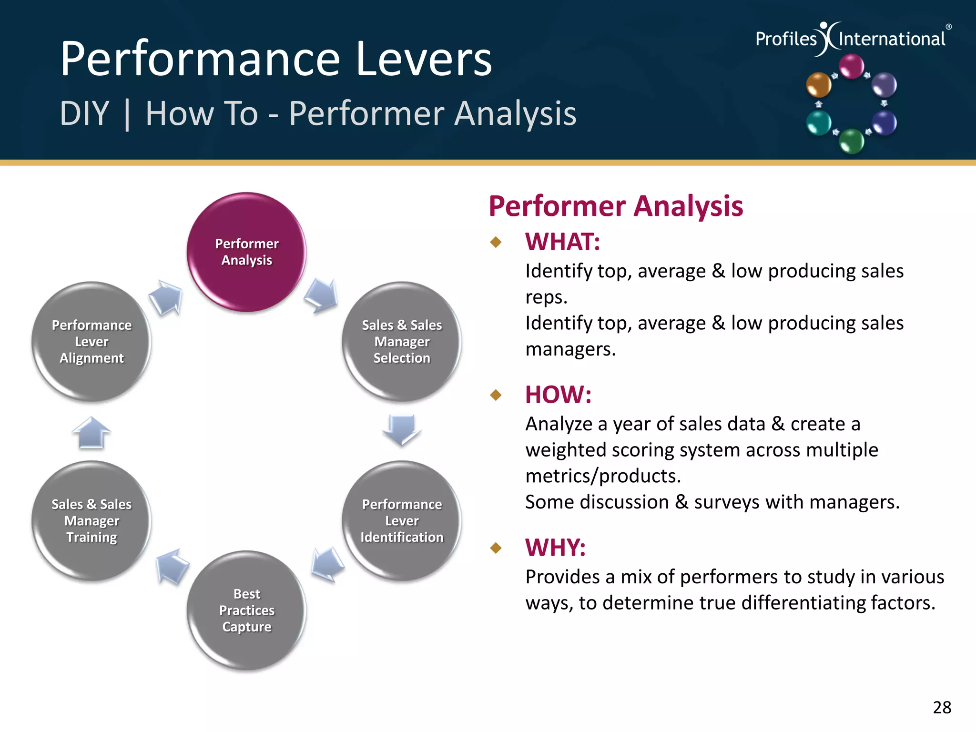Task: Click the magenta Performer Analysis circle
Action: click(246, 252)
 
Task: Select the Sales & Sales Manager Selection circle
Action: click(401, 341)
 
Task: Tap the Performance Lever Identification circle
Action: click(401, 520)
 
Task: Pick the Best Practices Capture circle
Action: click(246, 610)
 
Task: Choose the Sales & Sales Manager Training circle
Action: click(91, 520)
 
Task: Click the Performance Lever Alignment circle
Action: click(91, 341)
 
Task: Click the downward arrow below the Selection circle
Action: click(401, 429)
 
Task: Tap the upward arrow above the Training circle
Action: click(91, 432)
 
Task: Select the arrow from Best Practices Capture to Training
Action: click(172, 566)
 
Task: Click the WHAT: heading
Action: click(562, 242)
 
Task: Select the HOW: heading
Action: click(558, 395)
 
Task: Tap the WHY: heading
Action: click(555, 548)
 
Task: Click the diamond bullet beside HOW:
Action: click(496, 395)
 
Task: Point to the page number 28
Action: click(942, 707)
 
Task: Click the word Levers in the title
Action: click(424, 59)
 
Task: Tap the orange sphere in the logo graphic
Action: click(818, 85)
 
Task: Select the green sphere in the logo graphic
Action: click(851, 141)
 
